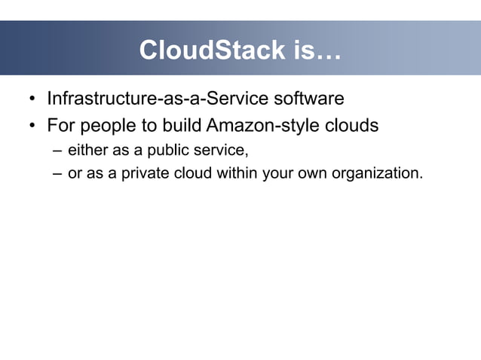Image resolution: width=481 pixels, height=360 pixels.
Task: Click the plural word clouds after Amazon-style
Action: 351,124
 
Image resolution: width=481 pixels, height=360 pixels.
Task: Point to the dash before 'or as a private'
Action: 57,173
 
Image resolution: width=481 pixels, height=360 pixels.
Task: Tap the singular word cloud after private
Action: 192,172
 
